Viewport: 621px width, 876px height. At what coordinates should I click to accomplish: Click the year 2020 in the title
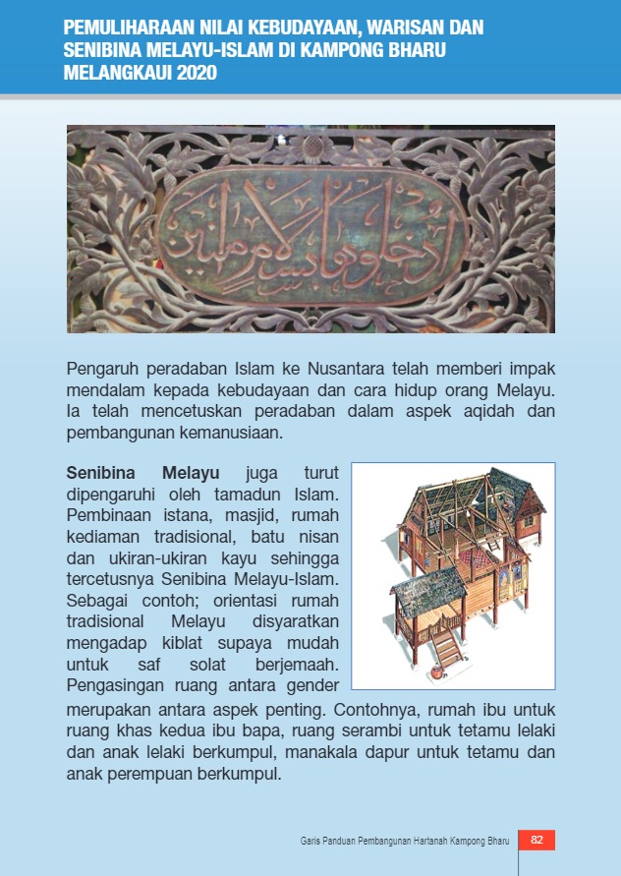point(195,73)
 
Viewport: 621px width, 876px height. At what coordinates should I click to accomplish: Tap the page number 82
point(536,840)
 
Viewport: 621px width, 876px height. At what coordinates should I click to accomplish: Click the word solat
point(218,664)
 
